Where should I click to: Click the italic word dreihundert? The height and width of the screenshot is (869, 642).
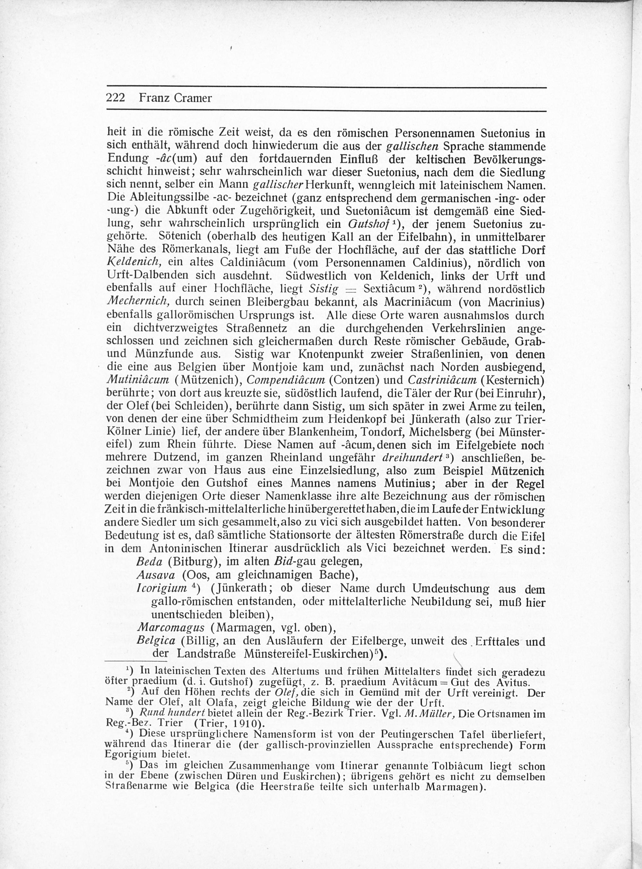413,458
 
